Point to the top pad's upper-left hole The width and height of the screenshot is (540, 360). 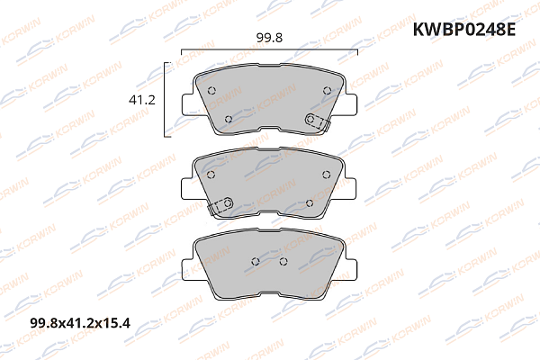pos(212,91)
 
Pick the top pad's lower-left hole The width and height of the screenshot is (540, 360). pos(229,118)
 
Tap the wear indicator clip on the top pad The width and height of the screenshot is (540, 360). pos(314,121)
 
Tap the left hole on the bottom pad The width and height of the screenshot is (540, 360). pos(256,262)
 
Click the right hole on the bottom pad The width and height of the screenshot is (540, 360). pos(283,262)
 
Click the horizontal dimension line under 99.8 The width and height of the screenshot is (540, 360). pos(270,51)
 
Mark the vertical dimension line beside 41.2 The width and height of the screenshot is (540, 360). pos(165,99)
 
